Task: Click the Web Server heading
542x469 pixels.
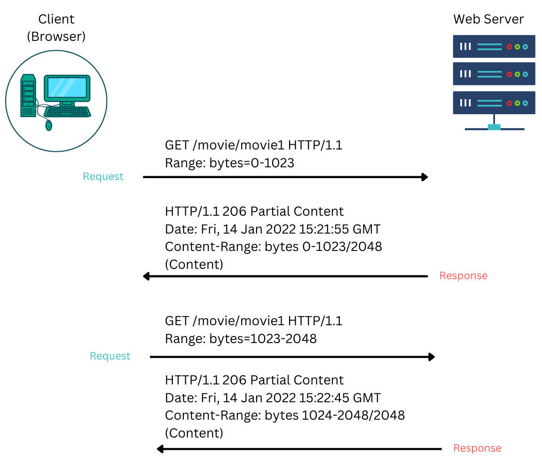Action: pos(488,19)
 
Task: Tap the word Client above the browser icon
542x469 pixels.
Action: pos(56,19)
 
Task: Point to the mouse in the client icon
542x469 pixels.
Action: pos(49,125)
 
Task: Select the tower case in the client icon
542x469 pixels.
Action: pos(28,95)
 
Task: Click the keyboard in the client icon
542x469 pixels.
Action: pos(68,112)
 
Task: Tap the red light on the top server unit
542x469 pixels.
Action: pos(509,47)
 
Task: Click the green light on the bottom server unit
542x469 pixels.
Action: pos(517,103)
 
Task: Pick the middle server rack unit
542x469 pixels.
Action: pos(494,74)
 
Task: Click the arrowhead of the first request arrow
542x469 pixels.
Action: pos(425,177)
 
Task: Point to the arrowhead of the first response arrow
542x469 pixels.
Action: pos(146,276)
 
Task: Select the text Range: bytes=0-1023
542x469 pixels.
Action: pos(229,163)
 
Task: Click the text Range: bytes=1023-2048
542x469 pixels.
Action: pos(241,339)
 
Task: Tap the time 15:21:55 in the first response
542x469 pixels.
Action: pos(330,229)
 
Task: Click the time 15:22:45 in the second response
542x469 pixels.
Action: pos(330,398)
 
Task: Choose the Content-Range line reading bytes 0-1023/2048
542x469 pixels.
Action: pos(274,247)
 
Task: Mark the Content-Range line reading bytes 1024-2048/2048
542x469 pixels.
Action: pos(285,415)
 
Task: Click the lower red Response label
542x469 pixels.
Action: pos(477,448)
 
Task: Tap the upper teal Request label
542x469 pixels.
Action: pos(103,177)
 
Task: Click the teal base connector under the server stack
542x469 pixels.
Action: pos(494,127)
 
